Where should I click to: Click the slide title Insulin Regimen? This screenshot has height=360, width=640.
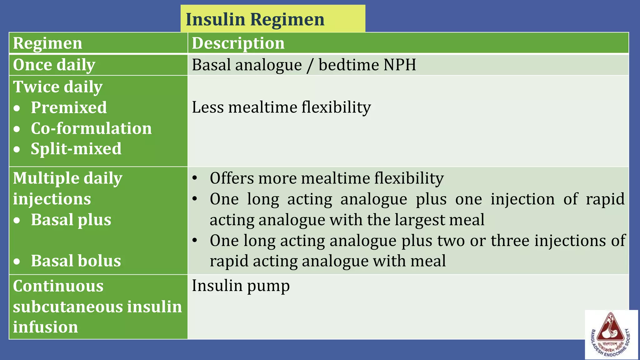point(255,19)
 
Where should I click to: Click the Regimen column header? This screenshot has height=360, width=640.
point(47,43)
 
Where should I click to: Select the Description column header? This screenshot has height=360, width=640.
point(238,43)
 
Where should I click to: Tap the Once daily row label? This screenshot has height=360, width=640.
point(54,65)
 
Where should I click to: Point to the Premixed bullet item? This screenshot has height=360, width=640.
point(69,107)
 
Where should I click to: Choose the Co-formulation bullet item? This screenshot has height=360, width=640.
point(91,128)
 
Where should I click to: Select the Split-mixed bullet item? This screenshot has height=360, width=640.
point(76,149)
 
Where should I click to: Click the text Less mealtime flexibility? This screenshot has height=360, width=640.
point(281,107)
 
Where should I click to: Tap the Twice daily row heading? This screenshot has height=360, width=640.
point(58,87)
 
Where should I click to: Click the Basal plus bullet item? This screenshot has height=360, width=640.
point(71,220)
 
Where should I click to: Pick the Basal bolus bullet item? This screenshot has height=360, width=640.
point(76,261)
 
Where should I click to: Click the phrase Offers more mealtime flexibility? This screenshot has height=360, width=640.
point(327,178)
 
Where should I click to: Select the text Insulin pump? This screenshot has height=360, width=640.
point(241,286)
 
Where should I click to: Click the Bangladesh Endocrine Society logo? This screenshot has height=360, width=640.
point(611,334)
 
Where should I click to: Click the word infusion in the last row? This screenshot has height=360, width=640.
point(45,327)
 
